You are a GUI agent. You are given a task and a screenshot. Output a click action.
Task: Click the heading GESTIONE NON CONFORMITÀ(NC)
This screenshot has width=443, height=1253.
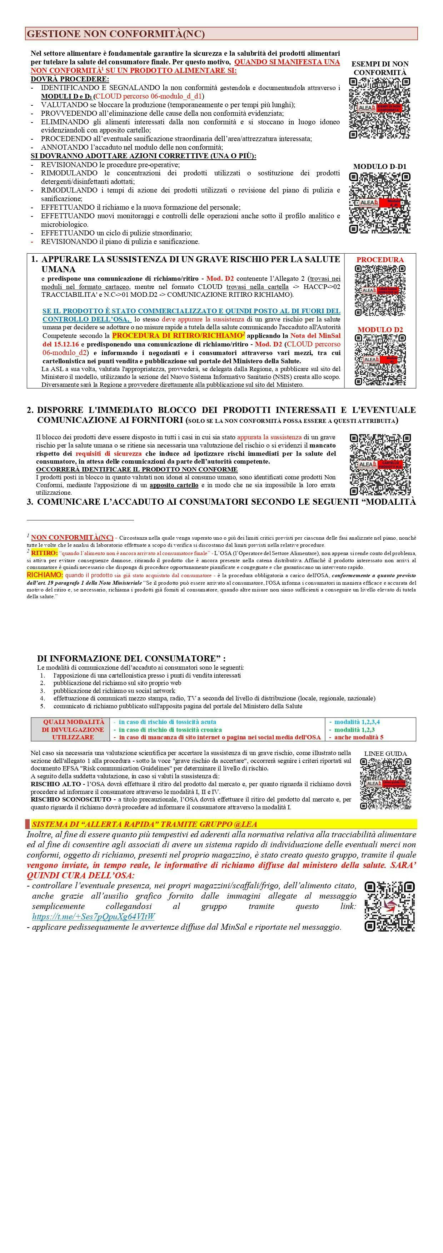point(116,34)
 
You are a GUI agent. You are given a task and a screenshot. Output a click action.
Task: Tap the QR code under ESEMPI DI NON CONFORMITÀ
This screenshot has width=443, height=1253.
point(380,108)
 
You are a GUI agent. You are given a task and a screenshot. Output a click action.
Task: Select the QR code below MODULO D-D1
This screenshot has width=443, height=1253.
point(380,203)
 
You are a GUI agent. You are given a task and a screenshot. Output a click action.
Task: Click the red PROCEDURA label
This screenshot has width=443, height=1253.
point(380,260)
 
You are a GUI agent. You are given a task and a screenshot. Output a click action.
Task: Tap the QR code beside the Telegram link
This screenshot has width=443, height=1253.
point(389,906)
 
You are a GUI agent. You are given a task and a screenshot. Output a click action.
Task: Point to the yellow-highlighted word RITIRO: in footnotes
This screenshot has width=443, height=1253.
point(44,553)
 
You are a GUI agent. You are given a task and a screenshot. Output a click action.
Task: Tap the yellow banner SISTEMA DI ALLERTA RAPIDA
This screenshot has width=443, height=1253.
point(144,824)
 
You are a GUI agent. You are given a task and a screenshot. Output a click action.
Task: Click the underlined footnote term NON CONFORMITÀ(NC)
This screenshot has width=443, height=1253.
point(72,538)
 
